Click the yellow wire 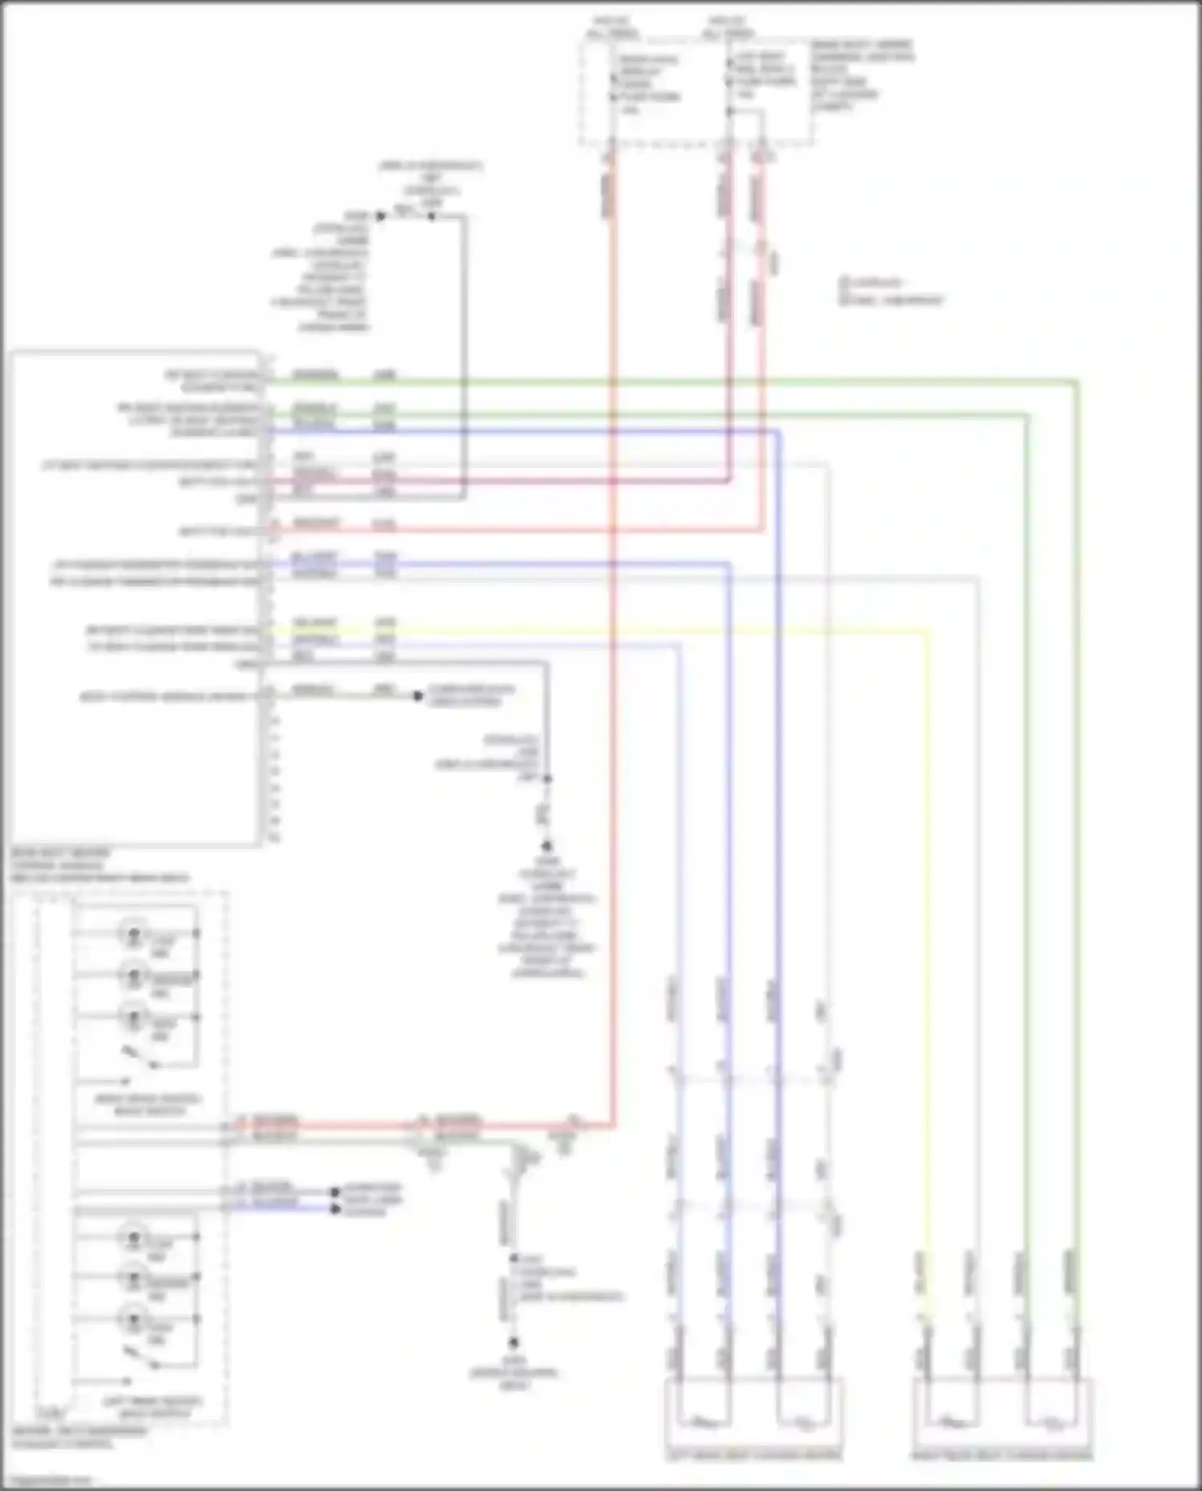point(928,881)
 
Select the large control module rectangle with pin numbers point(136,597)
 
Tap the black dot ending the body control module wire point(417,696)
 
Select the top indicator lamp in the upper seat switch point(134,934)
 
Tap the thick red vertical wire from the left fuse point(613,641)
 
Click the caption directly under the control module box point(100,865)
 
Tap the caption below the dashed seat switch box point(80,1437)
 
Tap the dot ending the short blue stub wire point(335,1208)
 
